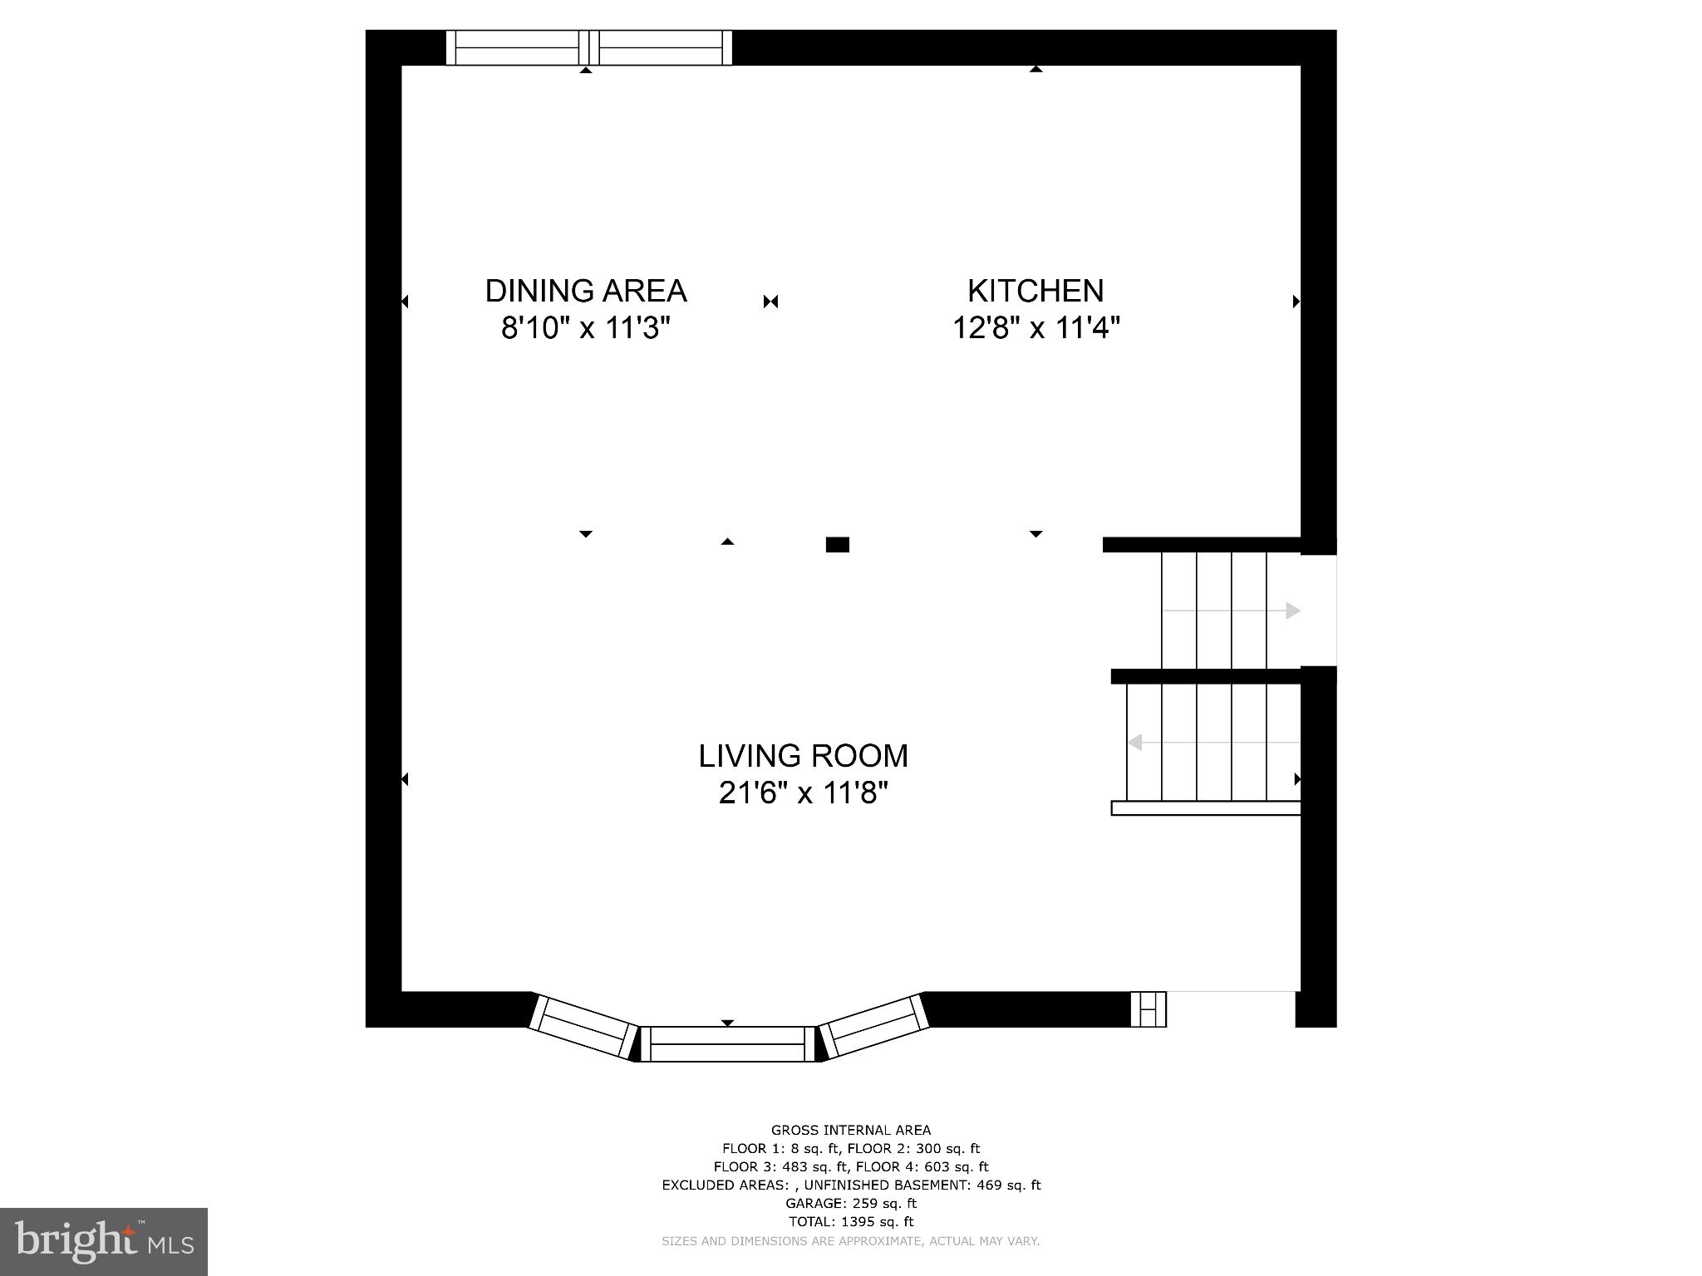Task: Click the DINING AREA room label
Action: [x=586, y=291]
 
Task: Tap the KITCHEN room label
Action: [x=1035, y=291]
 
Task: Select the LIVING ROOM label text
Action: [x=803, y=756]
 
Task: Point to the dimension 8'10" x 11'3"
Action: [x=586, y=328]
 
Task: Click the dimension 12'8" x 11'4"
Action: [x=1035, y=328]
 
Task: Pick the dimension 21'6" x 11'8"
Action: [x=803, y=793]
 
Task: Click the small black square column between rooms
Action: [x=837, y=545]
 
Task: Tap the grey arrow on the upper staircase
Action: [x=1292, y=611]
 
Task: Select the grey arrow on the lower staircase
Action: [x=1134, y=742]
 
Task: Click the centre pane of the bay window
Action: [x=728, y=1043]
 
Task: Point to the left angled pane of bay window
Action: [x=583, y=1026]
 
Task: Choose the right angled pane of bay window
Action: [x=874, y=1026]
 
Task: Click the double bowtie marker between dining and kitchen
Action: [x=770, y=302]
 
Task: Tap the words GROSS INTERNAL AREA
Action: [x=851, y=1130]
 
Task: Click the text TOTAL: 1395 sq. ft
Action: [x=851, y=1221]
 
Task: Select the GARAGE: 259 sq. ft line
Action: [x=851, y=1203]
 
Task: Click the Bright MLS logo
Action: [x=104, y=1241]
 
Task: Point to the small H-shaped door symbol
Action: [x=1149, y=1009]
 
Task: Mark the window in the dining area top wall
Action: [x=588, y=47]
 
